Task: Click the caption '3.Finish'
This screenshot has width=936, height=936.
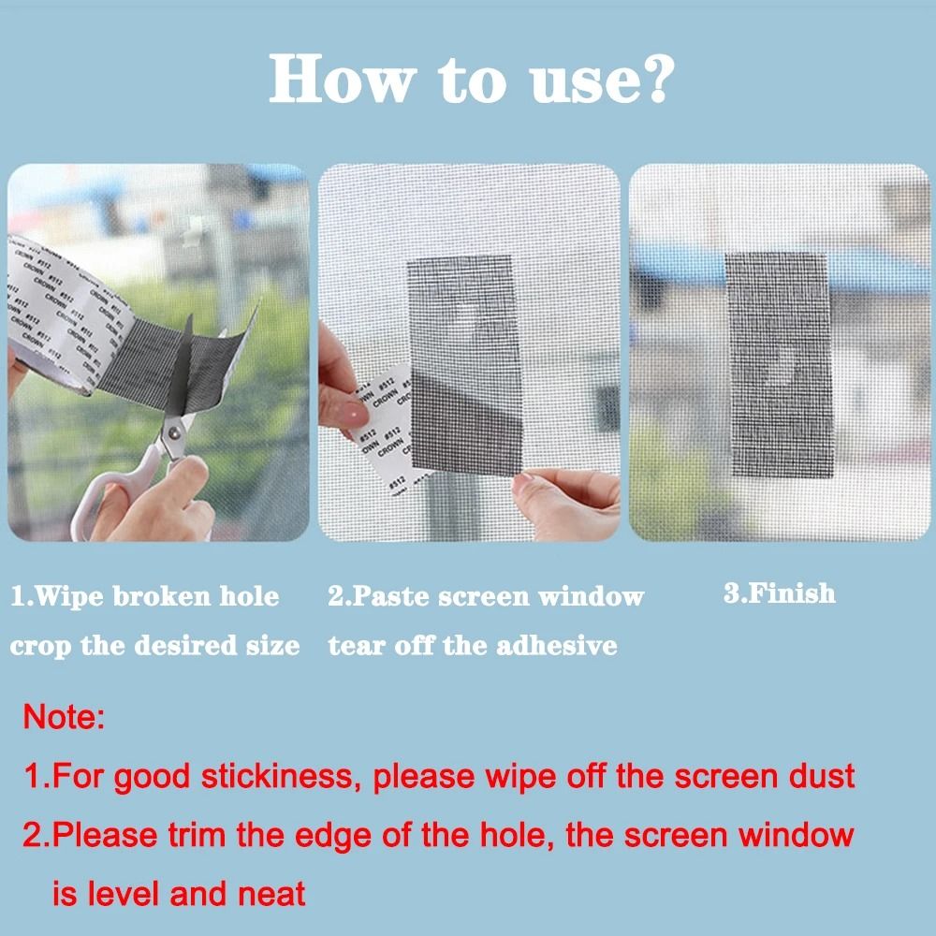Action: pos(779,593)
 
